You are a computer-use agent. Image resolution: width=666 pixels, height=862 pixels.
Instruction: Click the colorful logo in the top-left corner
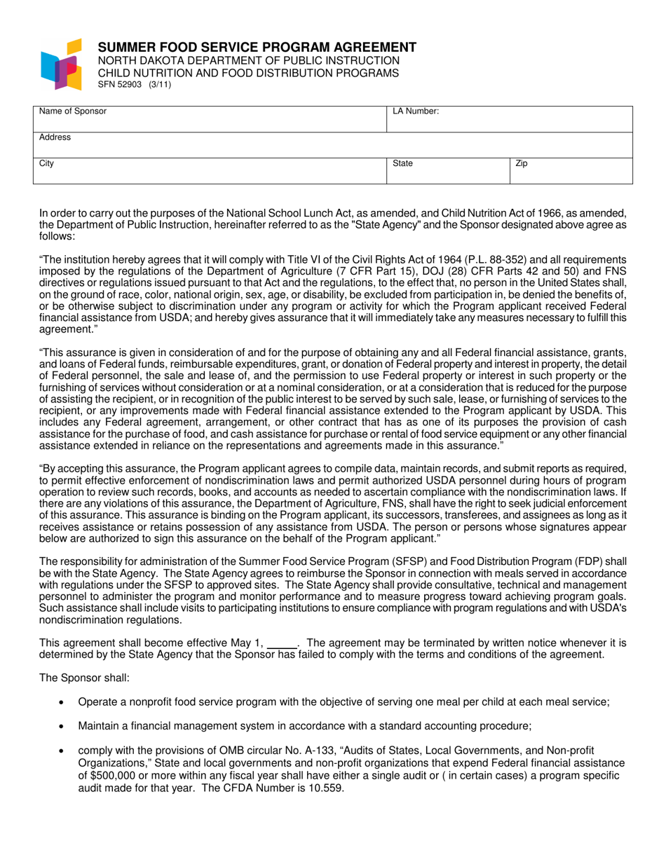(62, 64)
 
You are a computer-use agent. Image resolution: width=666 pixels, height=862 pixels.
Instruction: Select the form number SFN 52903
(120, 85)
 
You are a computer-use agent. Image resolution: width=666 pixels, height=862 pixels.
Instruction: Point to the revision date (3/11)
(159, 85)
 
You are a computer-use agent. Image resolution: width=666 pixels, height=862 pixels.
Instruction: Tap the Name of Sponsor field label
(73, 111)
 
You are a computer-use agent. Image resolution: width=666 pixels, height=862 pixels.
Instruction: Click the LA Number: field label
(416, 111)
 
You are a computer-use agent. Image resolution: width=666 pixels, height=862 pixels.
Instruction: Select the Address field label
(55, 137)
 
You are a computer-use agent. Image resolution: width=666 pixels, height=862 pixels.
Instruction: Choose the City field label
(46, 163)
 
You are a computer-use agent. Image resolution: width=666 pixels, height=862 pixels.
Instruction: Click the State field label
(402, 163)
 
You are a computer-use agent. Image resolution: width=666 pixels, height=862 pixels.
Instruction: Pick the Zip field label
(521, 163)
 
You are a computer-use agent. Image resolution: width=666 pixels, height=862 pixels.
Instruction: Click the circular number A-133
(296, 751)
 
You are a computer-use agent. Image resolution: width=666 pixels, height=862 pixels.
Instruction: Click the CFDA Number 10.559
(322, 787)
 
